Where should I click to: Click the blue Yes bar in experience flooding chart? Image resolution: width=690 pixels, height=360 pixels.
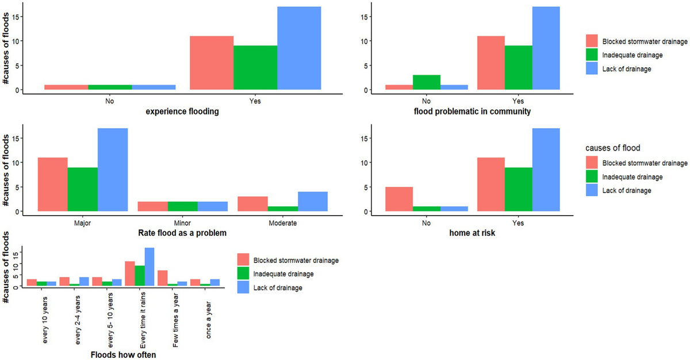(x=299, y=48)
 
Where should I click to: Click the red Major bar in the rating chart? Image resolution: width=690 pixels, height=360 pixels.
(x=52, y=184)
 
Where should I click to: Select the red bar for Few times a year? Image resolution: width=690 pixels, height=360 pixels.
(x=162, y=278)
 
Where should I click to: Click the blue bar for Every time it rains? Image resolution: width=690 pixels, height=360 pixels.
(x=149, y=267)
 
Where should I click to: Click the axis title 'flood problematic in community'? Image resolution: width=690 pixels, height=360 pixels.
(x=471, y=112)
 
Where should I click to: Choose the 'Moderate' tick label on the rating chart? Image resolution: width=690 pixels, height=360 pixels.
(x=283, y=222)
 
